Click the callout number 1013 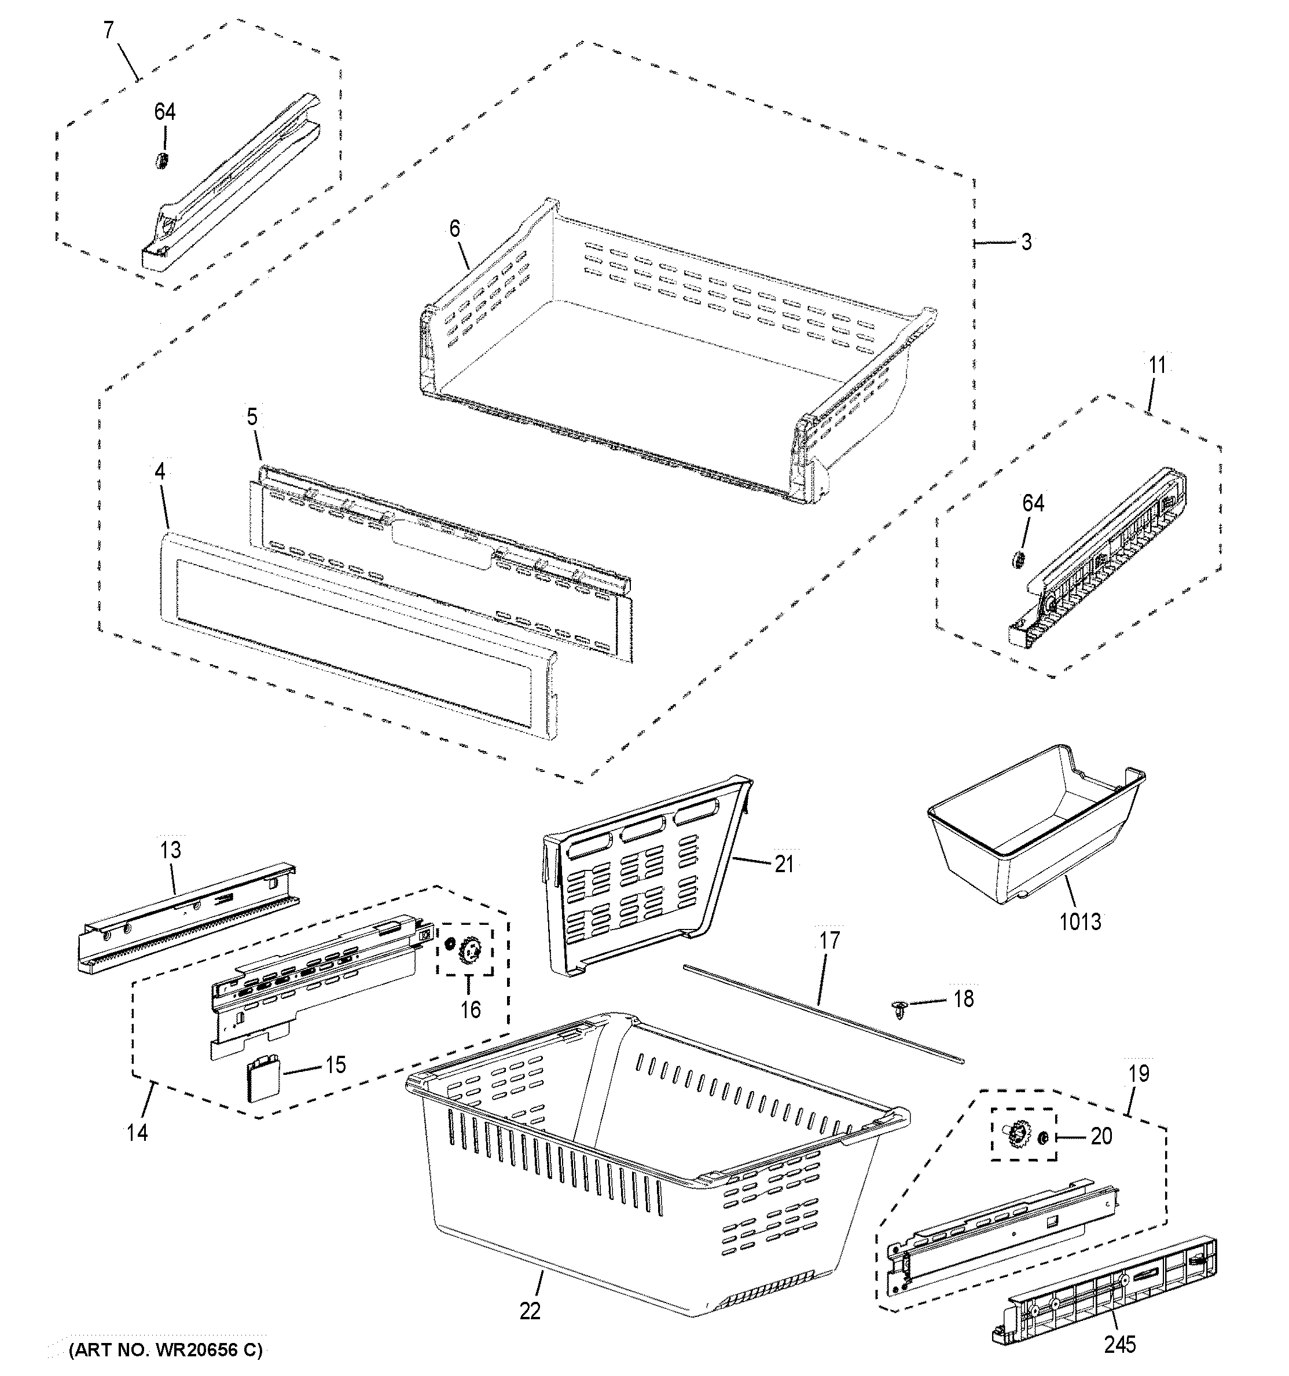click(x=1080, y=921)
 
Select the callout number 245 click(x=1119, y=1344)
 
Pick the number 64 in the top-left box click(x=165, y=112)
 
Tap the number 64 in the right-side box click(x=1033, y=503)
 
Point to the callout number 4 click(x=160, y=472)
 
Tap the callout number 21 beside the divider click(x=783, y=864)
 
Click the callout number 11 click(x=1157, y=365)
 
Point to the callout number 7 click(x=109, y=31)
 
